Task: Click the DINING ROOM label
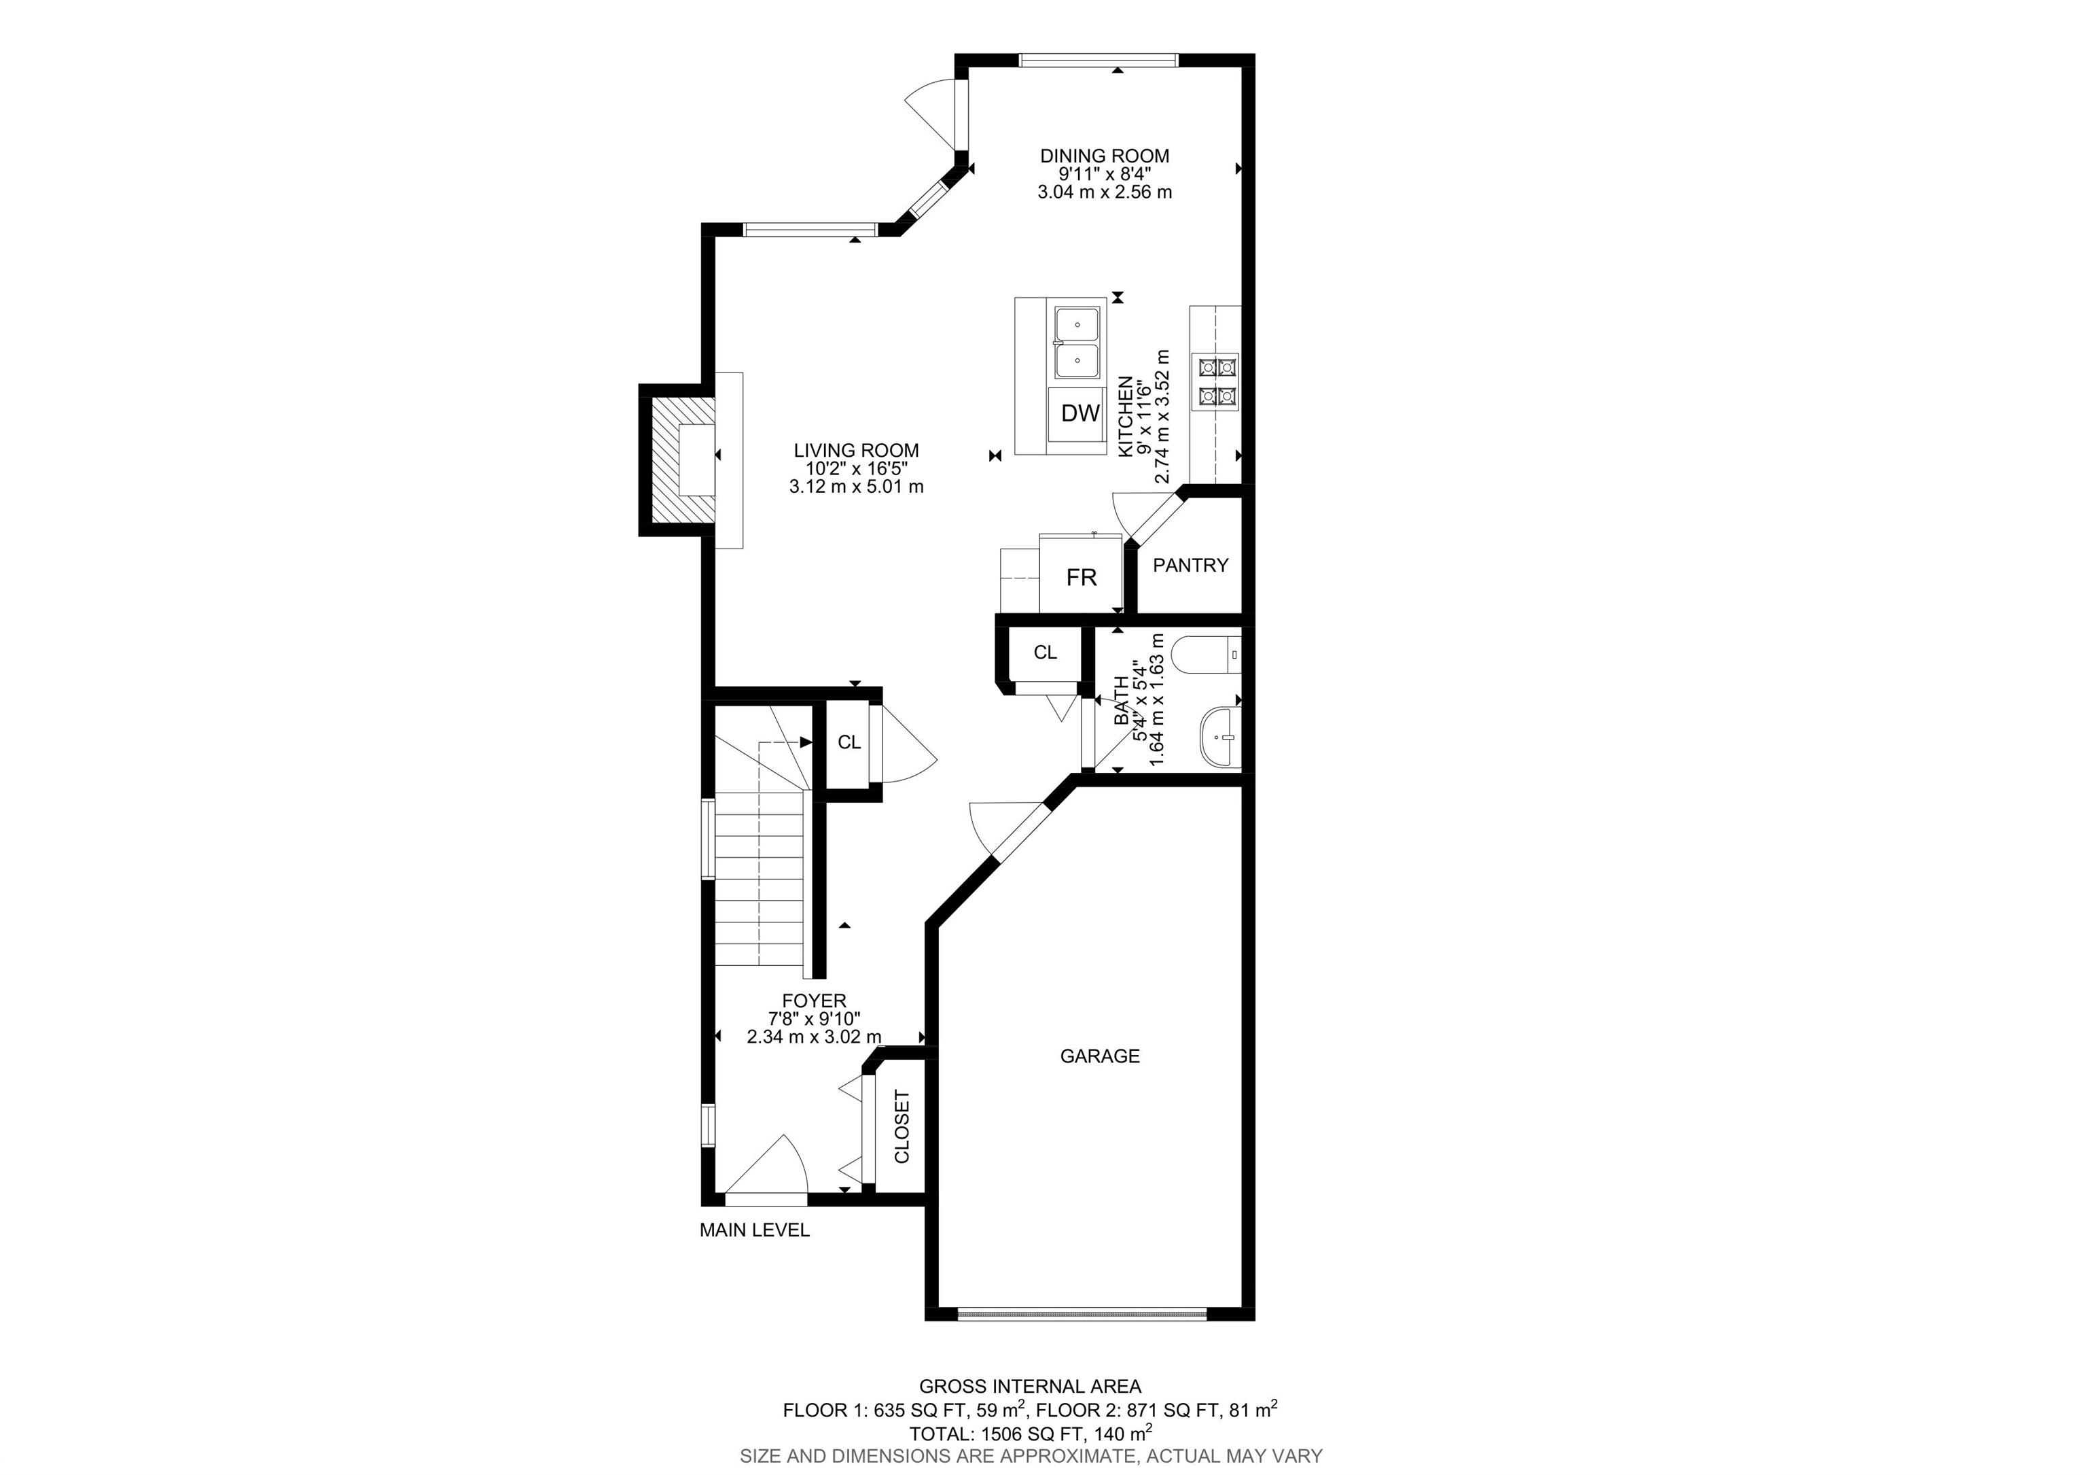1105,156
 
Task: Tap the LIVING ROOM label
856,450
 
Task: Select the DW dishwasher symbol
1081,413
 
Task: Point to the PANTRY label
1190,565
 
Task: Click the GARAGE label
1100,1056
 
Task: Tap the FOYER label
813,1001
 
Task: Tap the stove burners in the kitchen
1218,381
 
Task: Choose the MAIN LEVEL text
755,1230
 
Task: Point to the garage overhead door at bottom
1082,1313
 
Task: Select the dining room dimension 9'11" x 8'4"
1105,174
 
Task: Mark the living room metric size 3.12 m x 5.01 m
856,487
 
